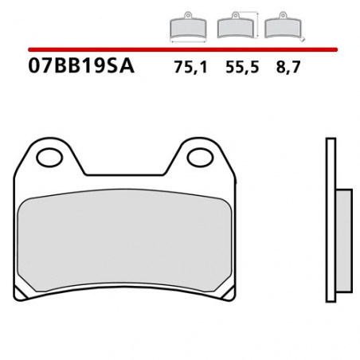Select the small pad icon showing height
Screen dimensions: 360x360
tap(233, 27)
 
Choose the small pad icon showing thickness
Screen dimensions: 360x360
tap(279, 27)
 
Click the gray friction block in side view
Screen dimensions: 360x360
tap(344, 241)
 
